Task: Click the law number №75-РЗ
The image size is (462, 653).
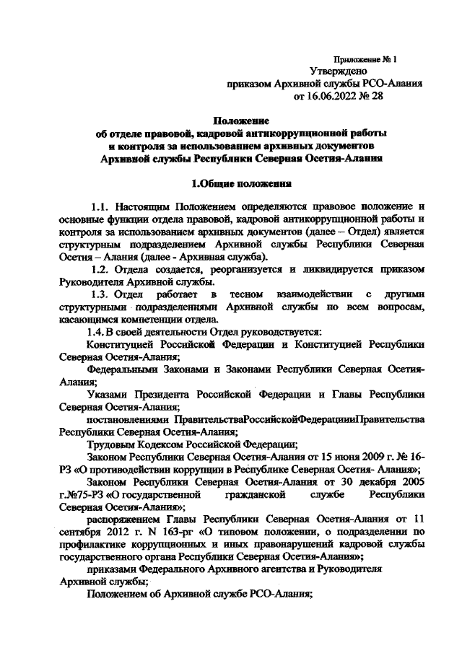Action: tap(83, 494)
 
